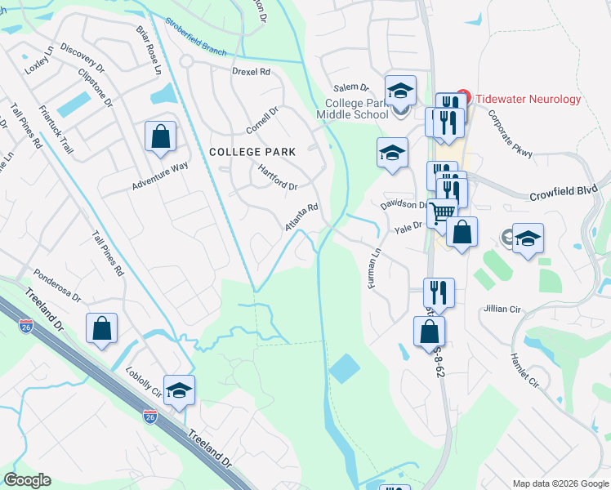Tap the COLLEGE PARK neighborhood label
[252, 151]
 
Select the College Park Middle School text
[357, 109]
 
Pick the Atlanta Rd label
[301, 217]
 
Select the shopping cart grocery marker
[442, 213]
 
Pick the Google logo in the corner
[27, 480]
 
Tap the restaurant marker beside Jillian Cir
[439, 291]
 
